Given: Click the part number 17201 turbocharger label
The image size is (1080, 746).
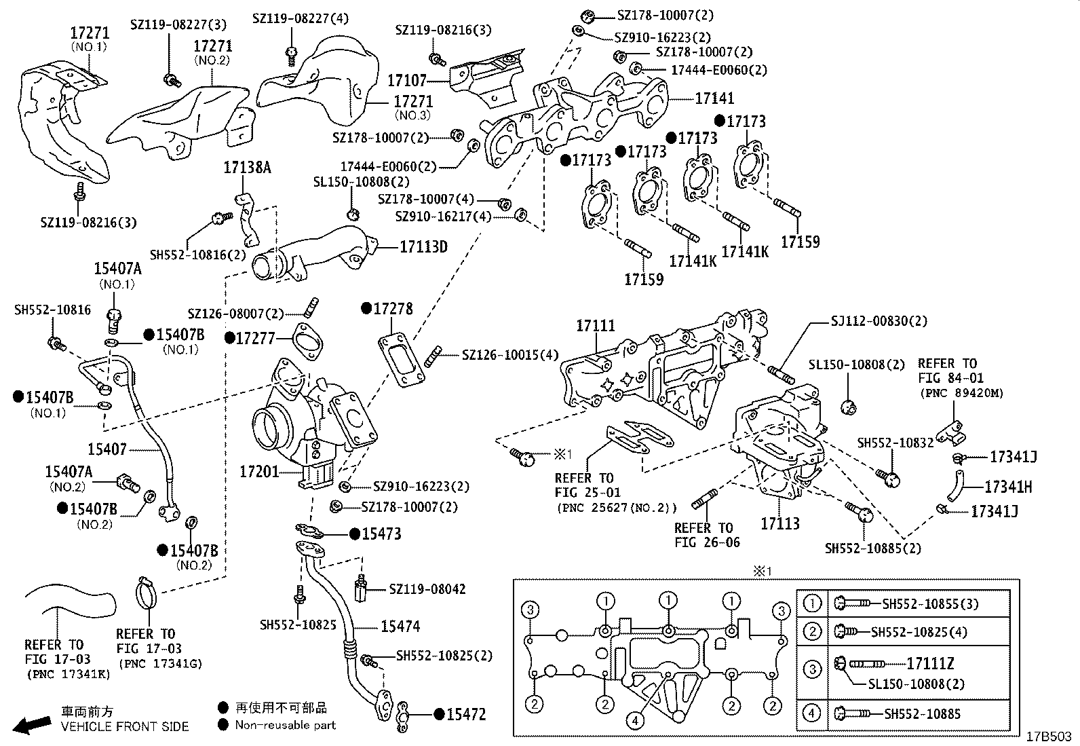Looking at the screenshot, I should (259, 470).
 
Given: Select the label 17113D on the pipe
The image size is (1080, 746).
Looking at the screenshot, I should (423, 247).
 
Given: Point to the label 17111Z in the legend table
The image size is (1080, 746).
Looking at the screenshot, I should (930, 664).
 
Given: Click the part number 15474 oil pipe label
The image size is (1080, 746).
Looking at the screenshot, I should (400, 627).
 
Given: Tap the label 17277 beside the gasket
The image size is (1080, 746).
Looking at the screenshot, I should (255, 338).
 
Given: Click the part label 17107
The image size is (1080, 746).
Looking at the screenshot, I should (407, 81).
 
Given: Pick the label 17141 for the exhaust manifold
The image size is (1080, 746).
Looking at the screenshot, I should (714, 99).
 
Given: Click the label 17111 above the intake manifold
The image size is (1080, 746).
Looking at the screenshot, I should (596, 327).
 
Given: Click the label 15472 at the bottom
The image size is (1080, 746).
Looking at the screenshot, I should (467, 715).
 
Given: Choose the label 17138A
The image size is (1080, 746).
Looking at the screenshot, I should (247, 167).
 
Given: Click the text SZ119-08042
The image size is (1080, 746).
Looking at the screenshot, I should (427, 589).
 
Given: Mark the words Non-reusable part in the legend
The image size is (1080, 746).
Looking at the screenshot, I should (285, 725).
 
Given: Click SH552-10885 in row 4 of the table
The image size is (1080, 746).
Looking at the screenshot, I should (923, 713).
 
